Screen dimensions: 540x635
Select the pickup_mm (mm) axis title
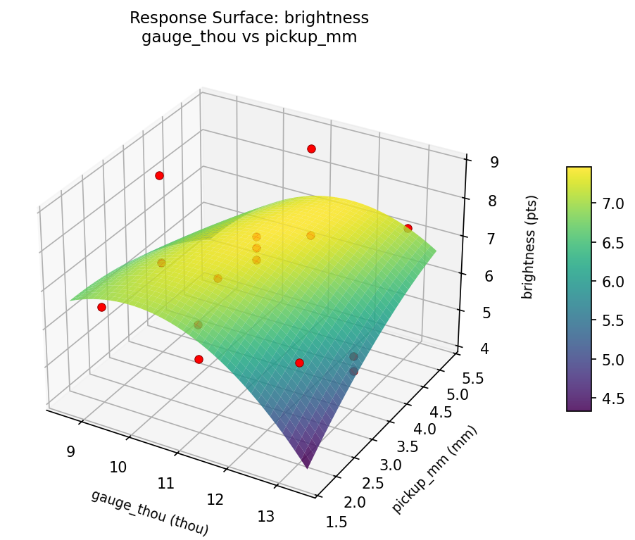[435, 470]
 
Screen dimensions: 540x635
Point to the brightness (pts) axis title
[528, 247]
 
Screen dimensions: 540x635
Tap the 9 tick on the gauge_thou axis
[70, 451]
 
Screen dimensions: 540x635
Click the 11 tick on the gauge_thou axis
[167, 483]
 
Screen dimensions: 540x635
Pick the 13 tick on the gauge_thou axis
[266, 516]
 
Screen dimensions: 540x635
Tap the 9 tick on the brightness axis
[495, 162]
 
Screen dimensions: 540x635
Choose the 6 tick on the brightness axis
[491, 276]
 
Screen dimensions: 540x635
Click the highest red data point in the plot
[311, 149]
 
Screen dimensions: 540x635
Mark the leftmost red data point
[101, 307]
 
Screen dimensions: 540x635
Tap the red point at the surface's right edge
[408, 228]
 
